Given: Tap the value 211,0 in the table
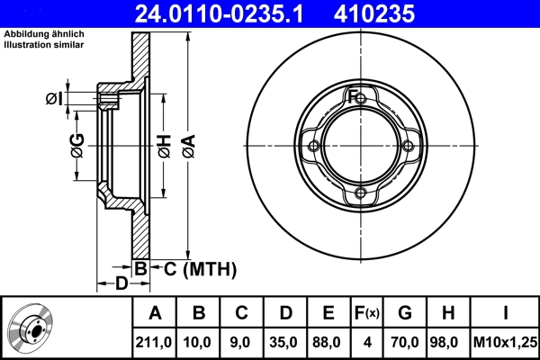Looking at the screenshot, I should point(155,341).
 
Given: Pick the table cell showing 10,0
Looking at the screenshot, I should point(199,341).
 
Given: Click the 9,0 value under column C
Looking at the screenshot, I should point(241,341).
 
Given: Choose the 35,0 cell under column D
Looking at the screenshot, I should point(284,341).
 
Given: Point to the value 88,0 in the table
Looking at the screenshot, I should point(328,341).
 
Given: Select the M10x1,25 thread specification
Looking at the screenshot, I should point(506,341).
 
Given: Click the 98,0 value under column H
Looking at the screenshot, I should point(447,341).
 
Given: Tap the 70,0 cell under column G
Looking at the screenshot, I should point(405,341).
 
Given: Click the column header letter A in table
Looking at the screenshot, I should point(155,313).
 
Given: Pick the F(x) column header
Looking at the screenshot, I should point(366,313).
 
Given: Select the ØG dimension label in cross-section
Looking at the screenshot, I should point(77,143).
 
